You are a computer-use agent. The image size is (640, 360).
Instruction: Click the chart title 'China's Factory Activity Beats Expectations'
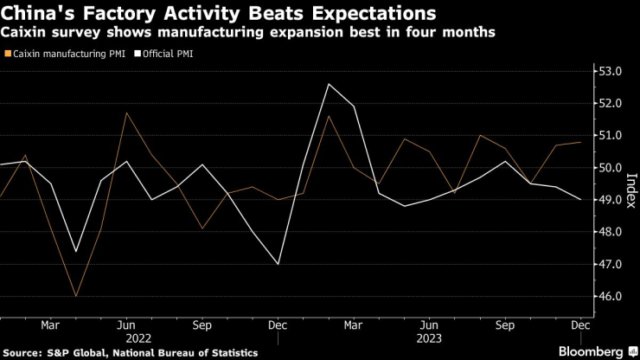click(x=219, y=14)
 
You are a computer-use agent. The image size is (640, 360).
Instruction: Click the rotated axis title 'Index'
click(x=630, y=183)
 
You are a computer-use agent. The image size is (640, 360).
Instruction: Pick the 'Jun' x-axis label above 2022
click(x=126, y=326)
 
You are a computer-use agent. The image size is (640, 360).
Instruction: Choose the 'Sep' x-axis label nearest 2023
click(x=505, y=326)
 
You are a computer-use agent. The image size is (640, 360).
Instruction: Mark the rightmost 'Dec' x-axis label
click(x=580, y=326)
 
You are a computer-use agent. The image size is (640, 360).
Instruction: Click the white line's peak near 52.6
click(x=329, y=84)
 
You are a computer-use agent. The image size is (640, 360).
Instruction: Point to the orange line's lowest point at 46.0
click(x=76, y=296)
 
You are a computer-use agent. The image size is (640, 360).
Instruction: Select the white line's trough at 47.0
click(x=278, y=264)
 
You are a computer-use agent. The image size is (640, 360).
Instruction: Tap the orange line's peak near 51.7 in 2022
click(x=126, y=112)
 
